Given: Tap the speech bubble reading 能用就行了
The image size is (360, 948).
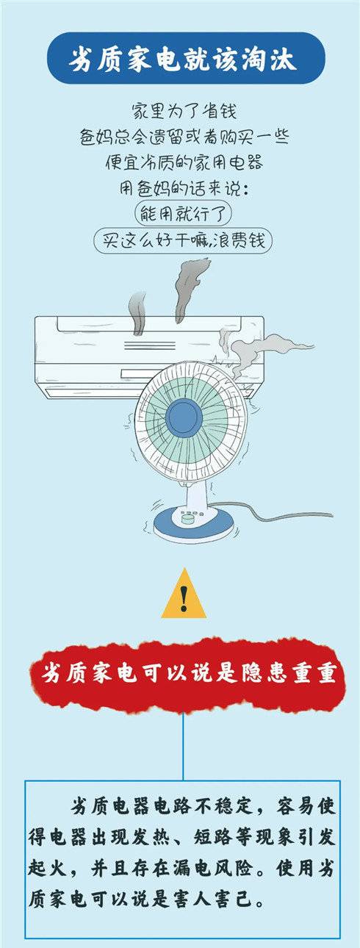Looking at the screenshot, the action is (183, 214).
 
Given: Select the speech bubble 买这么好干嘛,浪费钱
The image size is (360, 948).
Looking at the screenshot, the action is (182, 241).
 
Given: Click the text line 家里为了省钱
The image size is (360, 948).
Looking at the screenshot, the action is (184, 111).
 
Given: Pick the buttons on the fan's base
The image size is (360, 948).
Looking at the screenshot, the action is (190, 516).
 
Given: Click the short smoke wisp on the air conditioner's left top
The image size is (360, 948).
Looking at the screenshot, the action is (138, 313).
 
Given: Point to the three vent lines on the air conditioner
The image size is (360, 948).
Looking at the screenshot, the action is (149, 345).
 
